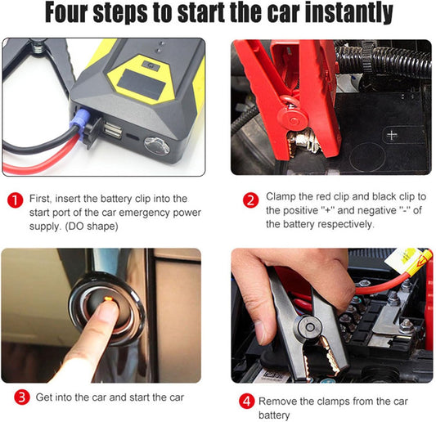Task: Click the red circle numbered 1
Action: (x=14, y=200)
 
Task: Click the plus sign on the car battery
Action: (x=393, y=135)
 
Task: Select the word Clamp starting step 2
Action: (x=282, y=197)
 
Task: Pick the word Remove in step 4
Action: (x=278, y=401)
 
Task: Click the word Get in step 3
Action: (x=45, y=397)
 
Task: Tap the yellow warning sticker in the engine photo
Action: (x=415, y=263)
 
